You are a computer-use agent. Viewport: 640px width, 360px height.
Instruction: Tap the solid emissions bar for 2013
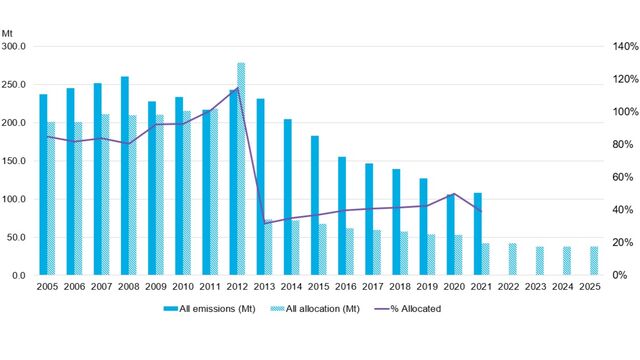click(x=260, y=186)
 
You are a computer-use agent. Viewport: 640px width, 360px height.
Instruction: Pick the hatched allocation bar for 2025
click(x=594, y=260)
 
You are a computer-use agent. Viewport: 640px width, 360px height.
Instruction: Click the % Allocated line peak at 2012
click(x=237, y=89)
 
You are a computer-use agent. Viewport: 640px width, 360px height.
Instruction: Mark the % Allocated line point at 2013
click(x=264, y=222)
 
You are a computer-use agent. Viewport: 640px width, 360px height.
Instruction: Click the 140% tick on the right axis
click(x=612, y=46)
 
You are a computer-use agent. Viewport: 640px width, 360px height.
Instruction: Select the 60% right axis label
click(x=612, y=177)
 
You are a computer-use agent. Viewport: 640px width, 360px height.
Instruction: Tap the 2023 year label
click(x=535, y=286)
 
